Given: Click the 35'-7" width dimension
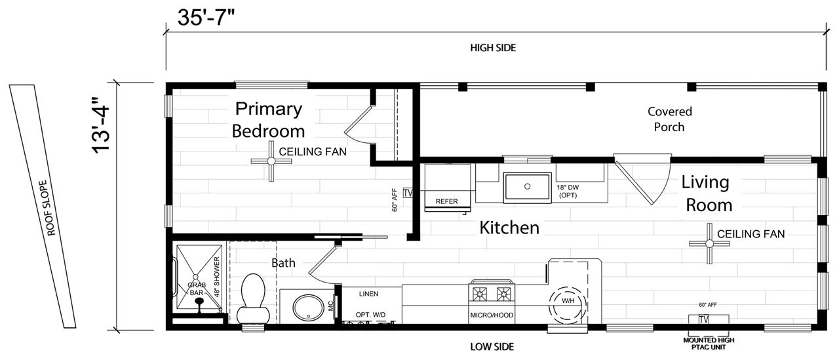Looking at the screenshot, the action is coord(206,17).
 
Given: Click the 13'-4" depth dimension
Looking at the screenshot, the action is coord(100,125).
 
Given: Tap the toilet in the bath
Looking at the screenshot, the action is coord(253,298).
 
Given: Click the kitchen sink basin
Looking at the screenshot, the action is coord(527,187).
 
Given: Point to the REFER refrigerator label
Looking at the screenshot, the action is coord(446,201).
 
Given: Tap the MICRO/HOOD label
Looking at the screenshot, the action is coord(492,315).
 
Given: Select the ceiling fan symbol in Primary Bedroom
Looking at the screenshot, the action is coord(271,161).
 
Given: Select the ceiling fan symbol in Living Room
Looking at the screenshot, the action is coord(709,243).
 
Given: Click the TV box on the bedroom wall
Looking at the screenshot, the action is coord(408,193).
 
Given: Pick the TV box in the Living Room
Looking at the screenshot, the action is coord(704,319).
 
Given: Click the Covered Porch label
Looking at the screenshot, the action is coord(670,119).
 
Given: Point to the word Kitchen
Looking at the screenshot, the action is coord(509,228).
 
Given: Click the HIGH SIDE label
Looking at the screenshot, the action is coord(493,48).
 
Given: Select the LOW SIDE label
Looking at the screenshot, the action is coord(492,347).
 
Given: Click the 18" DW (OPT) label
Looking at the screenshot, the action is coord(568,191).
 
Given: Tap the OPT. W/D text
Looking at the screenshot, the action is coord(370,315).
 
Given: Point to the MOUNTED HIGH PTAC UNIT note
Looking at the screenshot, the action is coord(709,344).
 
